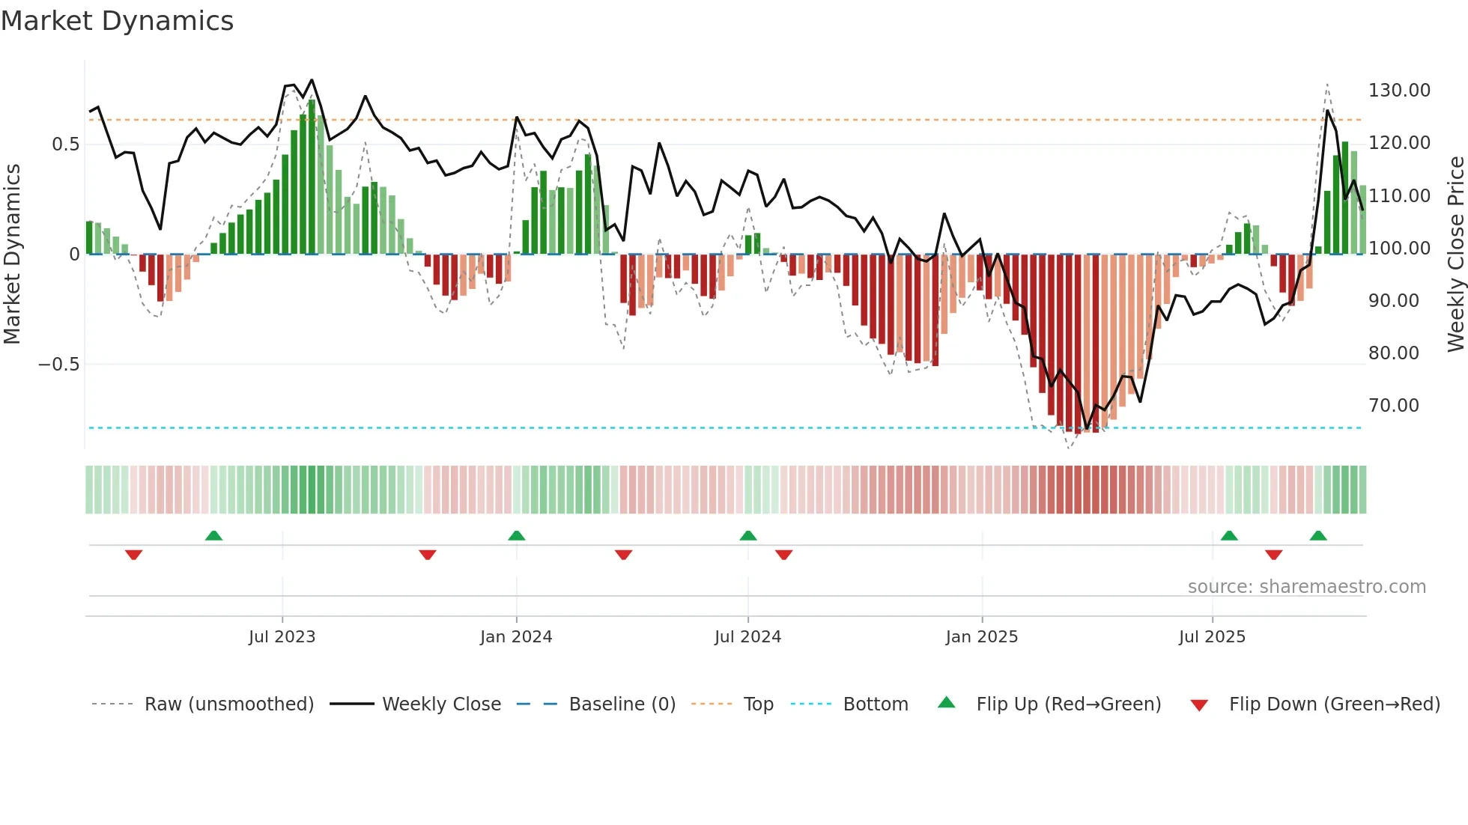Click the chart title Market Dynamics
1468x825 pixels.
(x=117, y=21)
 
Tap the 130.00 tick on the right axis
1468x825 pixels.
(x=1398, y=91)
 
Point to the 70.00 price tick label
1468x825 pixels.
(x=1393, y=406)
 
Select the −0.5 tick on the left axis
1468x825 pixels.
(x=58, y=365)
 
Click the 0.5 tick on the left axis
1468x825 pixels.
(x=65, y=144)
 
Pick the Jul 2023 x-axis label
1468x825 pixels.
(x=282, y=637)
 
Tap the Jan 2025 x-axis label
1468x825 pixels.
(x=981, y=637)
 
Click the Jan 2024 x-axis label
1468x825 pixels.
(x=516, y=637)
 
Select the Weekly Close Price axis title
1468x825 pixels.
(x=1455, y=254)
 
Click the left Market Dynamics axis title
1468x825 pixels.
(x=12, y=254)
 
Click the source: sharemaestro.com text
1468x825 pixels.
(x=1306, y=587)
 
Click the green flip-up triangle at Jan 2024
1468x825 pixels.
(x=516, y=535)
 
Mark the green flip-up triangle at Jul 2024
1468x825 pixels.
(x=747, y=535)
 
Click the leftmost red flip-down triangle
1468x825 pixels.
(x=134, y=555)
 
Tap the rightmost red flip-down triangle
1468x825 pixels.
(x=1273, y=555)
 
